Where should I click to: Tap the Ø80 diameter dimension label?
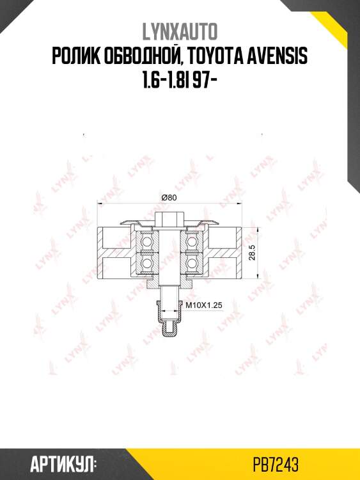tap(169, 198)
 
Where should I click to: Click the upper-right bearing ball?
tap(192, 241)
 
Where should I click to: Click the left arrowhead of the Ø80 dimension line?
tap(100, 204)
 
